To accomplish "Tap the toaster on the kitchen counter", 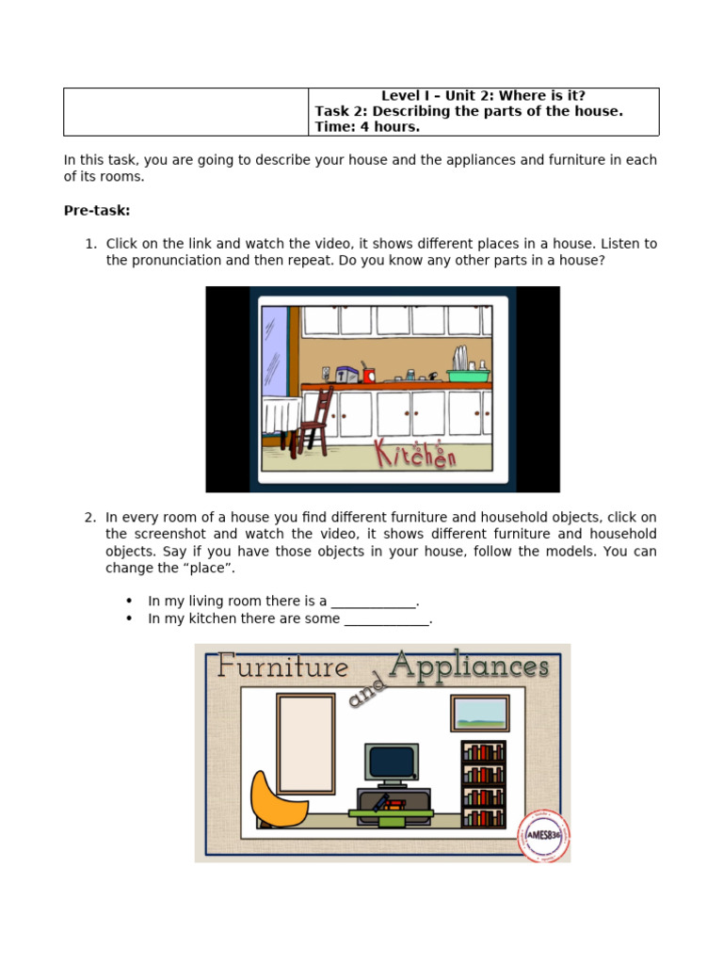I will [346, 375].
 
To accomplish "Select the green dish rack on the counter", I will [468, 374].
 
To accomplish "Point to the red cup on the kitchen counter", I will [368, 375].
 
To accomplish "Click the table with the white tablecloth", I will [280, 415].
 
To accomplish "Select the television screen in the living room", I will [392, 762].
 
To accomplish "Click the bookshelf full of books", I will [483, 784].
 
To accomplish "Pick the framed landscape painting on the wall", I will [479, 714].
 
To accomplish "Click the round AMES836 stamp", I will [543, 835].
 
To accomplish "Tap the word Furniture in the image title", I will [282, 667].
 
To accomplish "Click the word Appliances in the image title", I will [469, 666].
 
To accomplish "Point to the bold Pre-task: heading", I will [97, 210].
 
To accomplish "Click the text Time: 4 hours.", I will [367, 127].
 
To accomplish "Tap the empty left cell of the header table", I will [185, 112].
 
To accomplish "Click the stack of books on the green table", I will [388, 805].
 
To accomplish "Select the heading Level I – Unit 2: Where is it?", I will [483, 96].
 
